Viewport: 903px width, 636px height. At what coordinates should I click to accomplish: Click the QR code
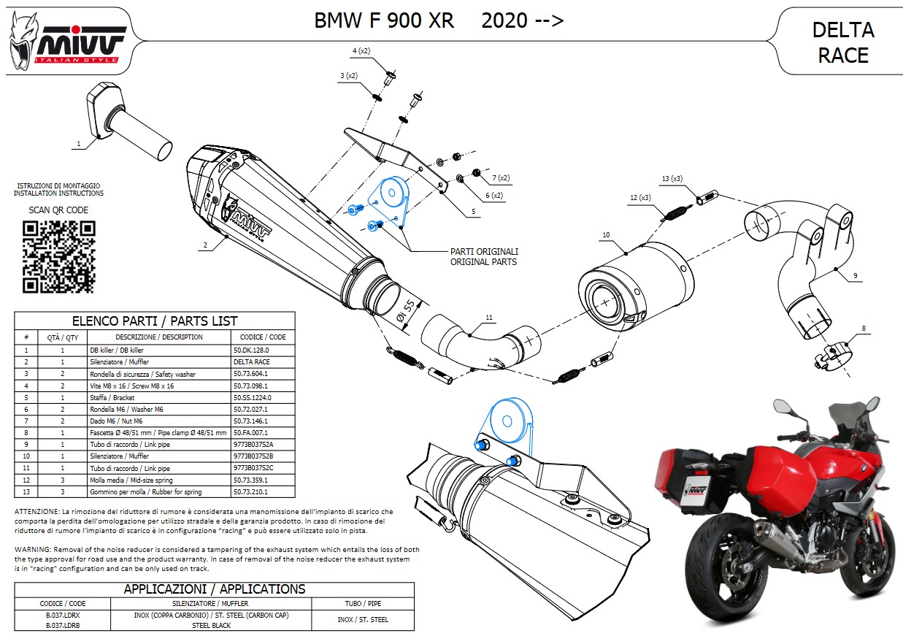[x=58, y=255]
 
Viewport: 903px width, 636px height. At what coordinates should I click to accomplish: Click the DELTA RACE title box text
[x=843, y=42]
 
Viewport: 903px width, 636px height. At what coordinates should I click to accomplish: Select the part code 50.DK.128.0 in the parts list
[x=252, y=350]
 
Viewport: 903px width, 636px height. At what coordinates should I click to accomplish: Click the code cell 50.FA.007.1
[x=250, y=432]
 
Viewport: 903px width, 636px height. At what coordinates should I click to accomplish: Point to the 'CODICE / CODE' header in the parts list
[x=263, y=337]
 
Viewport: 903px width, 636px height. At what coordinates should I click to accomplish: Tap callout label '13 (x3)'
[x=672, y=179]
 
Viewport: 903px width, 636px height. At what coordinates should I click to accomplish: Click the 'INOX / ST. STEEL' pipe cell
[x=363, y=620]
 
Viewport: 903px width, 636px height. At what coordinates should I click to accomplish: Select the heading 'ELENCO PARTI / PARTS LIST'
[x=155, y=321]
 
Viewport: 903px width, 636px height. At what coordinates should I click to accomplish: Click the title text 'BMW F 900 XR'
[x=384, y=20]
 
